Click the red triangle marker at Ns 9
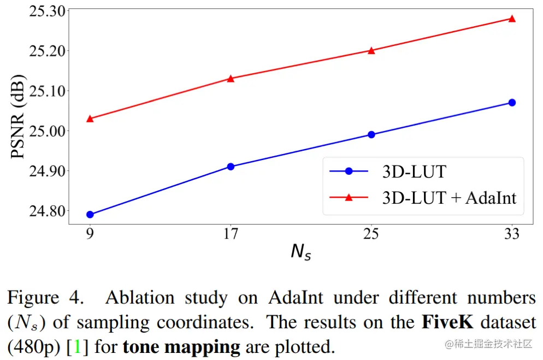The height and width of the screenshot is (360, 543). tap(90, 119)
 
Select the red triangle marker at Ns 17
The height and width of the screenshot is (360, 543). tap(231, 78)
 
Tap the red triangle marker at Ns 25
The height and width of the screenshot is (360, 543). tap(371, 50)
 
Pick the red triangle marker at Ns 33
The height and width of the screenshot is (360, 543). tap(512, 18)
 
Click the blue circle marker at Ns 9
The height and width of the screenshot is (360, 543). tap(90, 215)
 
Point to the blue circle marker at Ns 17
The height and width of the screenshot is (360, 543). tap(231, 167)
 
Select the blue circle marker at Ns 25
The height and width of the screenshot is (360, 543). tap(371, 134)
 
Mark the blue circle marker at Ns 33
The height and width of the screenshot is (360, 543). tap(512, 102)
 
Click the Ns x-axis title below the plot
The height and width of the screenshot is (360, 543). tap(300, 252)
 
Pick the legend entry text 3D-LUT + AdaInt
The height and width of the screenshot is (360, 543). tap(449, 197)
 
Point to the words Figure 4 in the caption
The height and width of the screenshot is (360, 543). tap(46, 298)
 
